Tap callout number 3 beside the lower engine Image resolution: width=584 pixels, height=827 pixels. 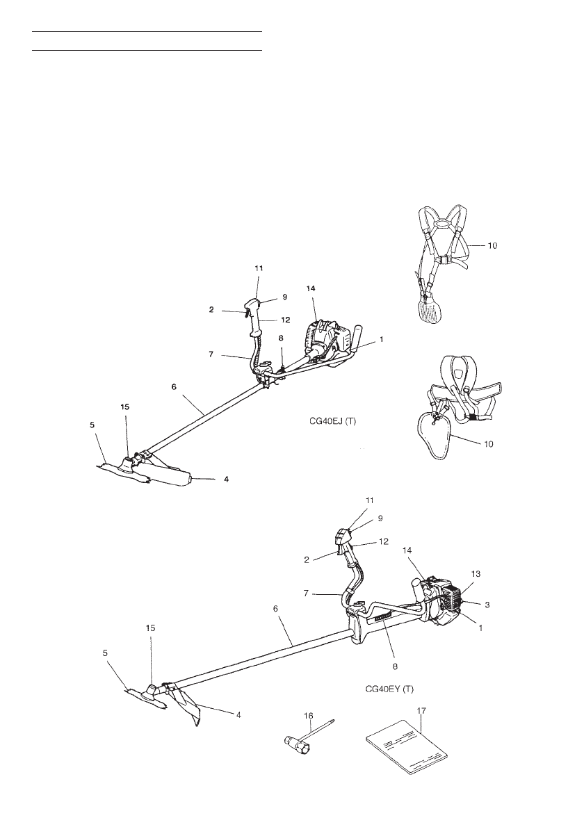click(x=487, y=605)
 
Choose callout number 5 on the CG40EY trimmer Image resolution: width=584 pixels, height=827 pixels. click(x=106, y=653)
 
